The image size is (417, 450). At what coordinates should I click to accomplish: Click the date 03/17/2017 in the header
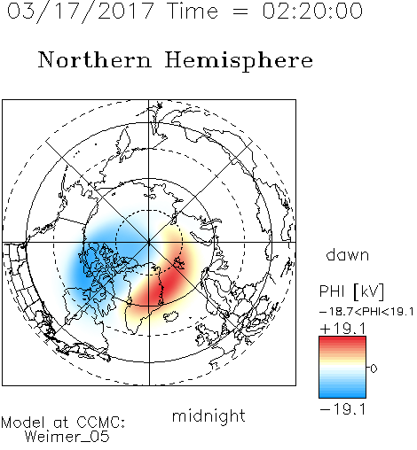coord(81,12)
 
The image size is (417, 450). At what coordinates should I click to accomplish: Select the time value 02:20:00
coord(312,11)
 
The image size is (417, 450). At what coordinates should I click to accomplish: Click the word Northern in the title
coord(95,59)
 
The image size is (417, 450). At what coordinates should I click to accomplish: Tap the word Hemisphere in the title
coord(239,60)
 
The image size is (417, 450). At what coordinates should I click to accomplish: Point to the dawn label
coord(348,254)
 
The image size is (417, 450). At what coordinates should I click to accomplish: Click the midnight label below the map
coord(208,415)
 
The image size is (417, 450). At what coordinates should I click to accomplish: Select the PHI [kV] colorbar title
coord(351,291)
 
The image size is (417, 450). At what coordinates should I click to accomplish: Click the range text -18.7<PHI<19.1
coord(366,312)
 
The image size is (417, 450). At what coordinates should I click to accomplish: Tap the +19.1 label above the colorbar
coord(342,329)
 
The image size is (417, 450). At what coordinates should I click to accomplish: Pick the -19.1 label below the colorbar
coord(342,409)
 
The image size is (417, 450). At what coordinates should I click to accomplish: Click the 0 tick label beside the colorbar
coord(374,369)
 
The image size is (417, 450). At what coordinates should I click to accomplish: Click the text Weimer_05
coord(67,437)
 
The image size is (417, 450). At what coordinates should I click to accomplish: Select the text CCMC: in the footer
coord(101,423)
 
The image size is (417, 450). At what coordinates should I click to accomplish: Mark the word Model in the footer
coord(23,423)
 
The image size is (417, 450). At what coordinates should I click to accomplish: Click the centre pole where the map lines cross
coord(149,243)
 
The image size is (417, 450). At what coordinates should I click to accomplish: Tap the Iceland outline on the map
coord(170,316)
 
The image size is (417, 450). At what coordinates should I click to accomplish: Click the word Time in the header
coord(193,11)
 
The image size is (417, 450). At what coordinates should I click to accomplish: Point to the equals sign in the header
coord(240,12)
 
